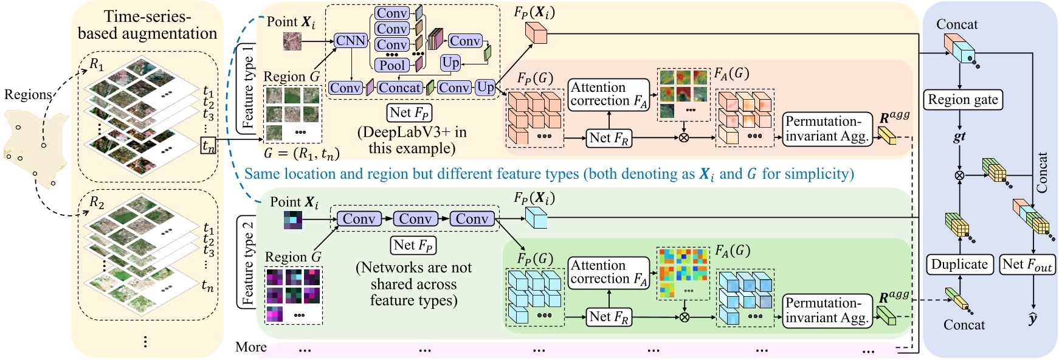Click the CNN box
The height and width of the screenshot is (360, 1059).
tap(351, 41)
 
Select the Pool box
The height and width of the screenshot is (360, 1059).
tap(392, 64)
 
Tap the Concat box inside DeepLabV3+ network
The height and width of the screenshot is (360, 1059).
tap(399, 88)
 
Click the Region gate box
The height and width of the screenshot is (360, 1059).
tap(963, 100)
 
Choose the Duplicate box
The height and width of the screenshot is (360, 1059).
tap(959, 265)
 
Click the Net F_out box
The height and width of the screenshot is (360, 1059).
tap(1027, 265)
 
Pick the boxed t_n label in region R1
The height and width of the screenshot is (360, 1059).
tap(209, 146)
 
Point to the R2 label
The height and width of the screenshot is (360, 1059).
tap(97, 202)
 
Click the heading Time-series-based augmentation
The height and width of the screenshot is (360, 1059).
tap(147, 25)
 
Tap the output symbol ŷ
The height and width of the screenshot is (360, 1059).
tap(1033, 318)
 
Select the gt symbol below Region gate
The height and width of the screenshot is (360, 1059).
tap(959, 137)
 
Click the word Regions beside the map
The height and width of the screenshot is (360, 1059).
tap(27, 94)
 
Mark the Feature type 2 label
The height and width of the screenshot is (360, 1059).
tap(247, 262)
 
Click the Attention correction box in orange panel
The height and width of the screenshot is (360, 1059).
tap(609, 94)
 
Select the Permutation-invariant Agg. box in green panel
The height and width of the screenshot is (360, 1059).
tap(827, 311)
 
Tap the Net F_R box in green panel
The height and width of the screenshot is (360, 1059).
tap(609, 317)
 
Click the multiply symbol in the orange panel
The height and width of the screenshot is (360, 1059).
tap(684, 137)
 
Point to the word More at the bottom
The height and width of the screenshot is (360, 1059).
tap(251, 347)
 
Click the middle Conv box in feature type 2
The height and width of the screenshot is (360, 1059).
tap(415, 219)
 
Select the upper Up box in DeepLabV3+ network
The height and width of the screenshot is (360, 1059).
tap(450, 63)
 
